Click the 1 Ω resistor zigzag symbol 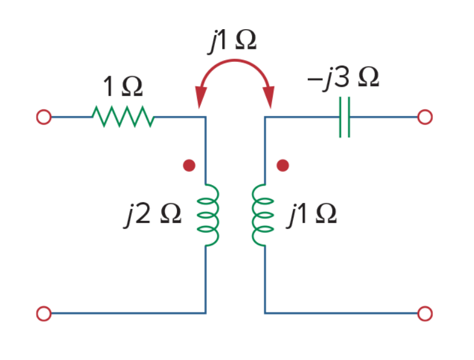(123, 117)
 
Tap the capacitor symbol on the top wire (345, 117)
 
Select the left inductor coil (208, 215)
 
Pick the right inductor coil (263, 215)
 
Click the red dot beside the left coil (189, 165)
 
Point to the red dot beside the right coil (283, 165)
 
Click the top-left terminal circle (44, 117)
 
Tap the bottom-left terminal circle (44, 314)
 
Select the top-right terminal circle (425, 117)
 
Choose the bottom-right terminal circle (425, 314)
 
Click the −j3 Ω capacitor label (343, 77)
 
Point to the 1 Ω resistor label (123, 86)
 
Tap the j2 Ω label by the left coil (153, 214)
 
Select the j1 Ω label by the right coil (311, 214)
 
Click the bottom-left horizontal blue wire (129, 314)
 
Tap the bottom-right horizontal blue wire (341, 314)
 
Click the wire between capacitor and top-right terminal (384, 117)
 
